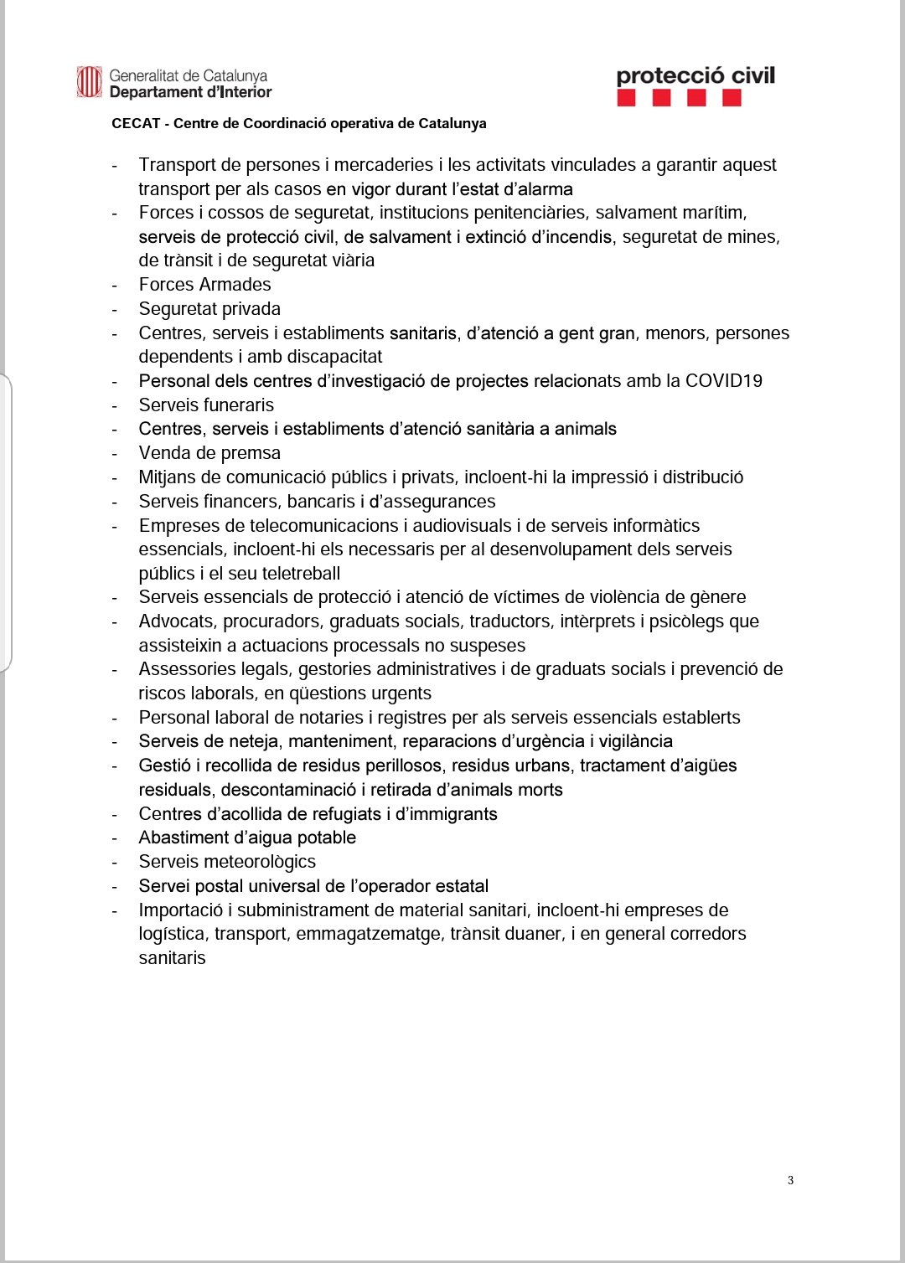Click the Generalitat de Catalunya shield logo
pos(89,82)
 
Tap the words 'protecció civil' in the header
pos(696,76)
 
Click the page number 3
pos(790,1180)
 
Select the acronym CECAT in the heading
pos(136,123)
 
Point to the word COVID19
pos(724,381)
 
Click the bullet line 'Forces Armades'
pos(204,285)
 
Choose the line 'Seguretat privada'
pos(209,309)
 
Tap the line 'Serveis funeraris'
pos(206,405)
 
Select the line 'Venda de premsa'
pos(209,453)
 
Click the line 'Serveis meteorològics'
pos(227,862)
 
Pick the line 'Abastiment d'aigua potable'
pos(247,838)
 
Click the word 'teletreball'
pos(301,574)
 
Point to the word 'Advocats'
pos(176,621)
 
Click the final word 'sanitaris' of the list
pos(172,958)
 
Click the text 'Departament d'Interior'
pos(191,93)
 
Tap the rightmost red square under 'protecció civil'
pos(732,98)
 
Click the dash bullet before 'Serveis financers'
pos(115,502)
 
